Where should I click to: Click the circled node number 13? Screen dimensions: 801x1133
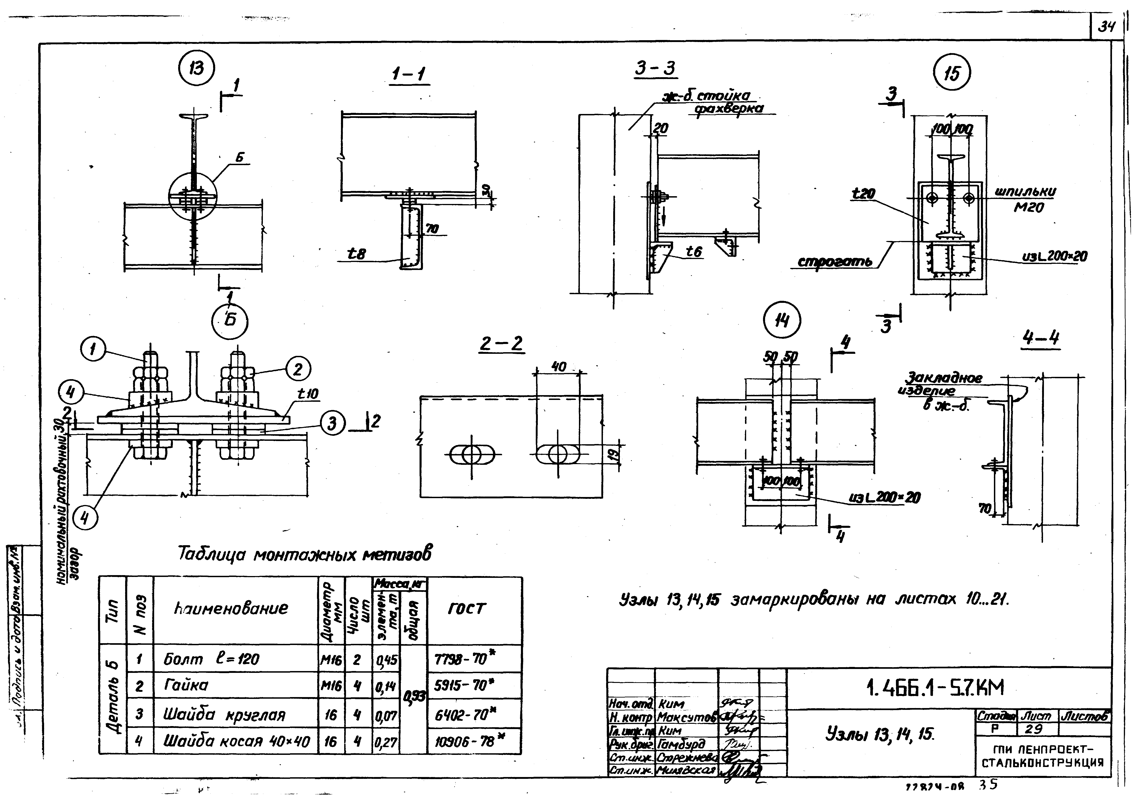click(x=196, y=68)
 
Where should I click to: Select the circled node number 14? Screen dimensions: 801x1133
click(x=782, y=321)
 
